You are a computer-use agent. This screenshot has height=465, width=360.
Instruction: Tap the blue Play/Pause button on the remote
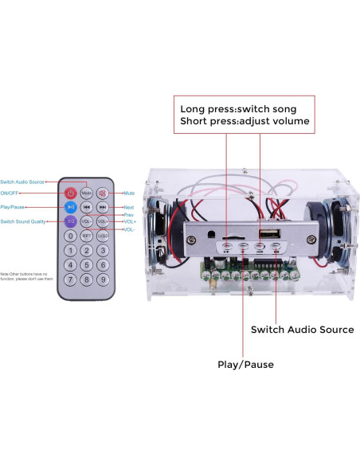tap(71, 207)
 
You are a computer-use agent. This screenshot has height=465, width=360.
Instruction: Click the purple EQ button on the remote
tap(71, 221)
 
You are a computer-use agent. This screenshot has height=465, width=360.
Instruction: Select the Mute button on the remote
tap(102, 193)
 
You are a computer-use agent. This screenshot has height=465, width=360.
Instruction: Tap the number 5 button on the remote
tap(86, 265)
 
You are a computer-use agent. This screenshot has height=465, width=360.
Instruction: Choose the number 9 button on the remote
tap(102, 279)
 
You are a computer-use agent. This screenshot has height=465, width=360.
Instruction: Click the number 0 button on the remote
tap(71, 236)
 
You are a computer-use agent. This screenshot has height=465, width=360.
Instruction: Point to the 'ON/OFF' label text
tap(11, 193)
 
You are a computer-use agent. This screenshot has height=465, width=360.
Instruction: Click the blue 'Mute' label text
tap(128, 193)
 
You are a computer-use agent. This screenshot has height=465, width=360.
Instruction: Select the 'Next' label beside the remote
tap(128, 207)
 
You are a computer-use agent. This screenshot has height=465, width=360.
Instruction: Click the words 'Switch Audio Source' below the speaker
tap(302, 329)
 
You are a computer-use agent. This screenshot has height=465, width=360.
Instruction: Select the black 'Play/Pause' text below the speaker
tap(245, 364)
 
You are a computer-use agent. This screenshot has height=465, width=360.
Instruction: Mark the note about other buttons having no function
tap(27, 275)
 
